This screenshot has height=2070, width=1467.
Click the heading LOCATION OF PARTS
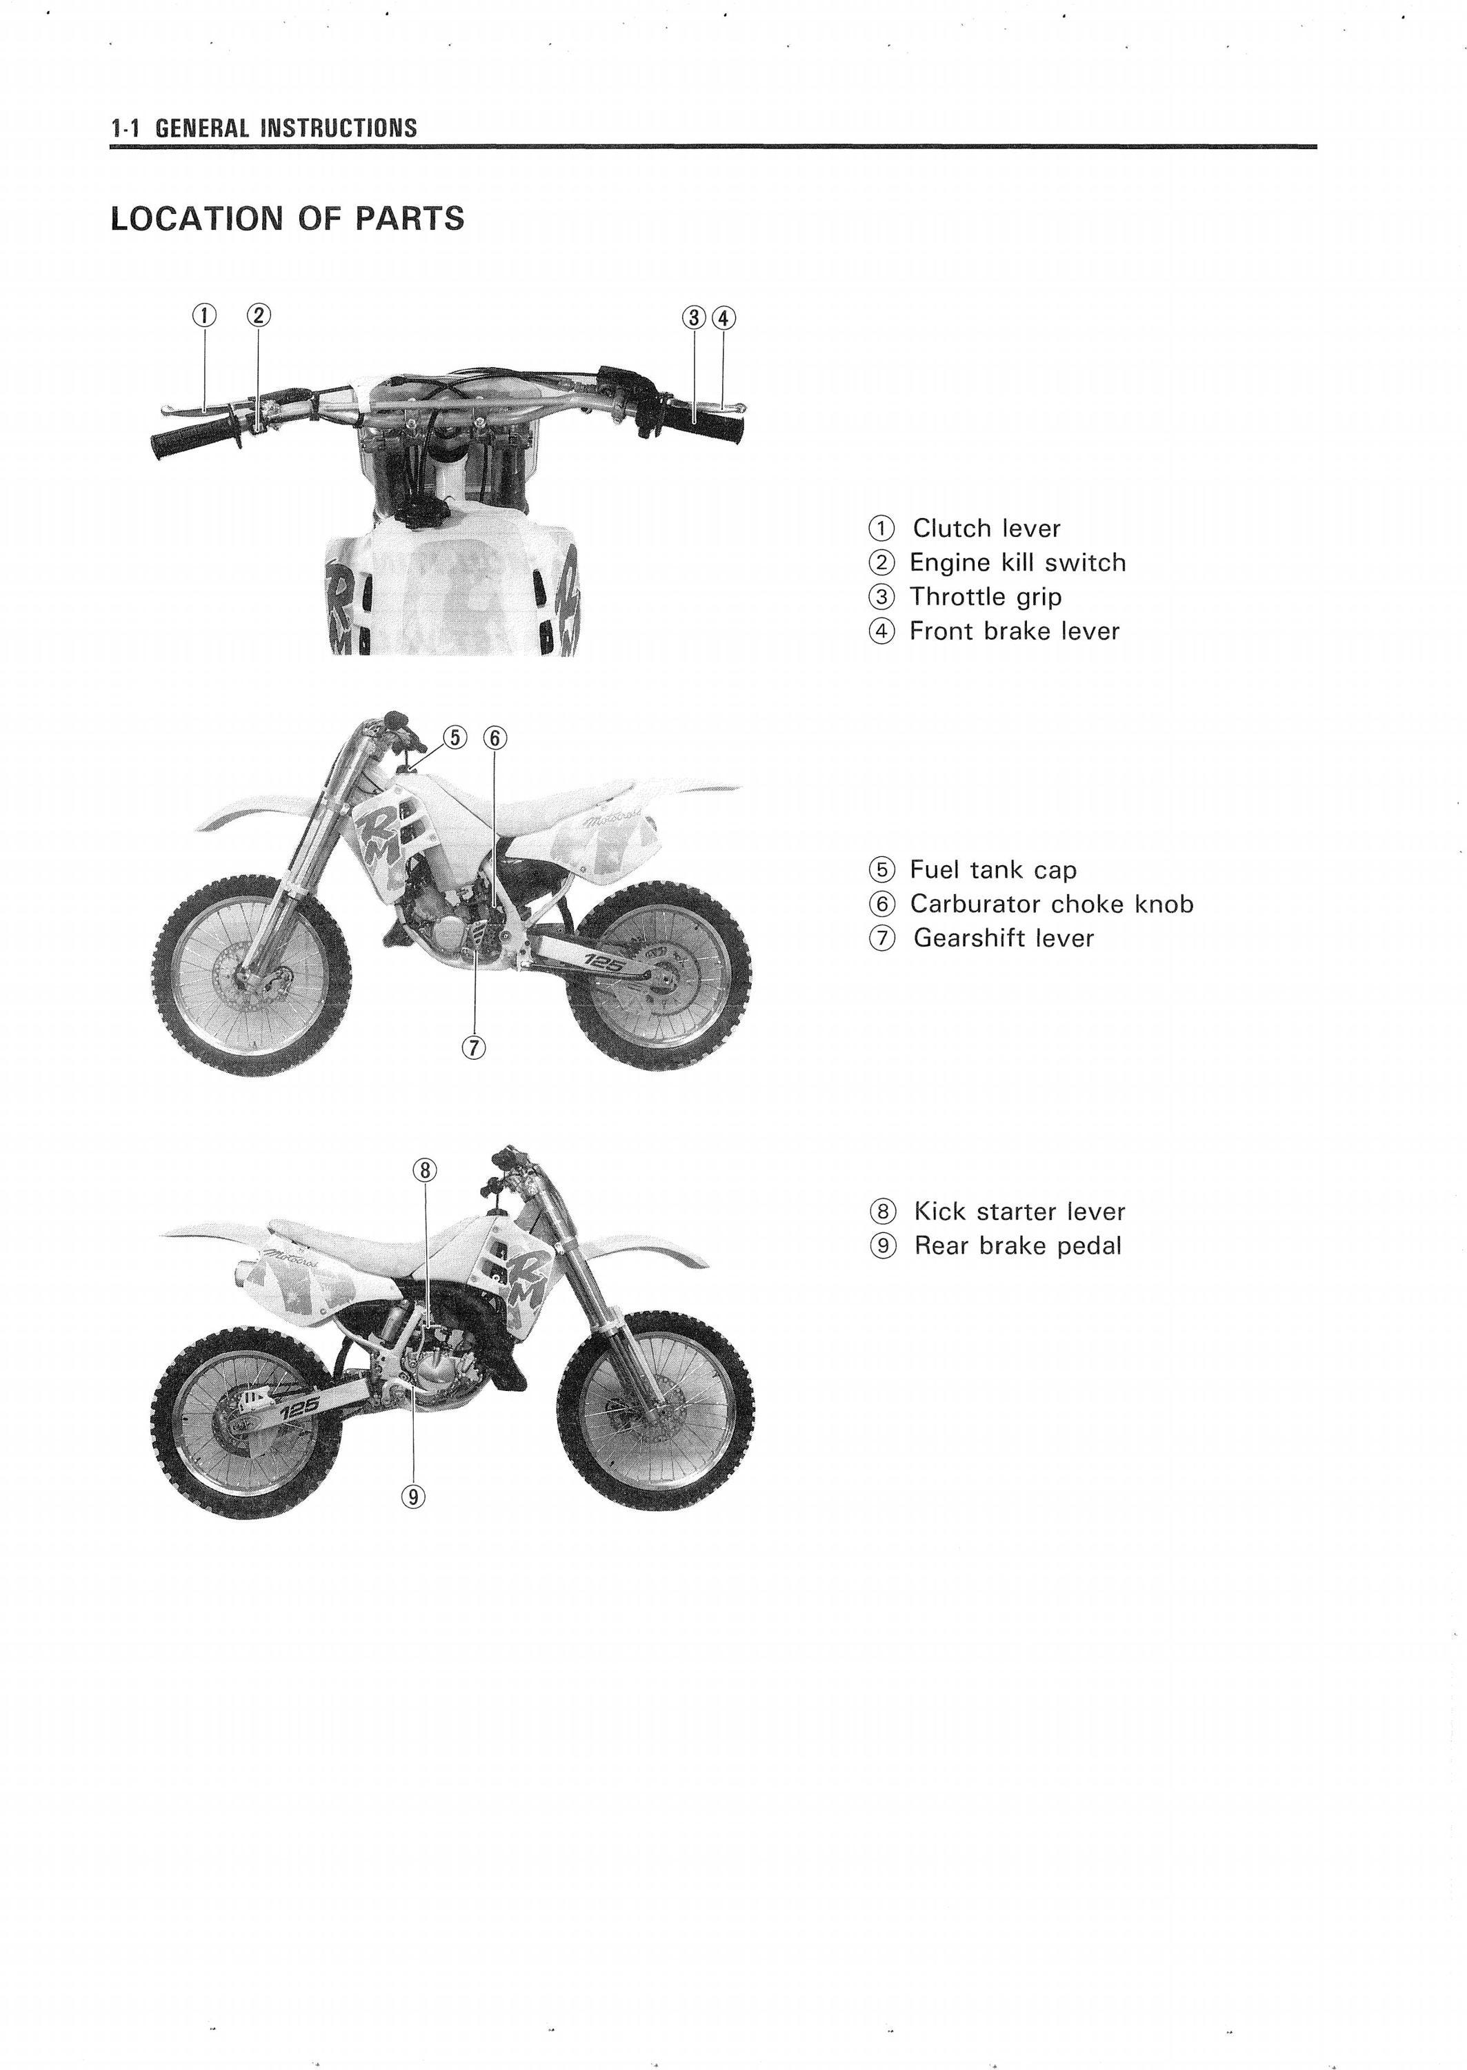click(x=287, y=219)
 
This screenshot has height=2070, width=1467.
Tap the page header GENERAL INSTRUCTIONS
click(x=286, y=128)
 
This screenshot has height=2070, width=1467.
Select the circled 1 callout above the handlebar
click(x=204, y=315)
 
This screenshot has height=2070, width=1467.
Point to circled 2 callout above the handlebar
click(x=259, y=315)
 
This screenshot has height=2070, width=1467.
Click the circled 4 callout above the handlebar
click(x=723, y=317)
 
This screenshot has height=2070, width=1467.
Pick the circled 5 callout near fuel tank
click(x=455, y=738)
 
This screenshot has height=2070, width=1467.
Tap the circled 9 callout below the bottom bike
click(x=413, y=1497)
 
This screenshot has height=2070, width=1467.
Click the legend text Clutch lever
click(x=986, y=528)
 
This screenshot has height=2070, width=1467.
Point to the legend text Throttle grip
click(x=986, y=598)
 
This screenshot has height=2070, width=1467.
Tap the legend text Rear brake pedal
click(x=1018, y=1246)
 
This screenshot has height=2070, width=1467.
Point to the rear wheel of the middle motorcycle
click(x=661, y=974)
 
